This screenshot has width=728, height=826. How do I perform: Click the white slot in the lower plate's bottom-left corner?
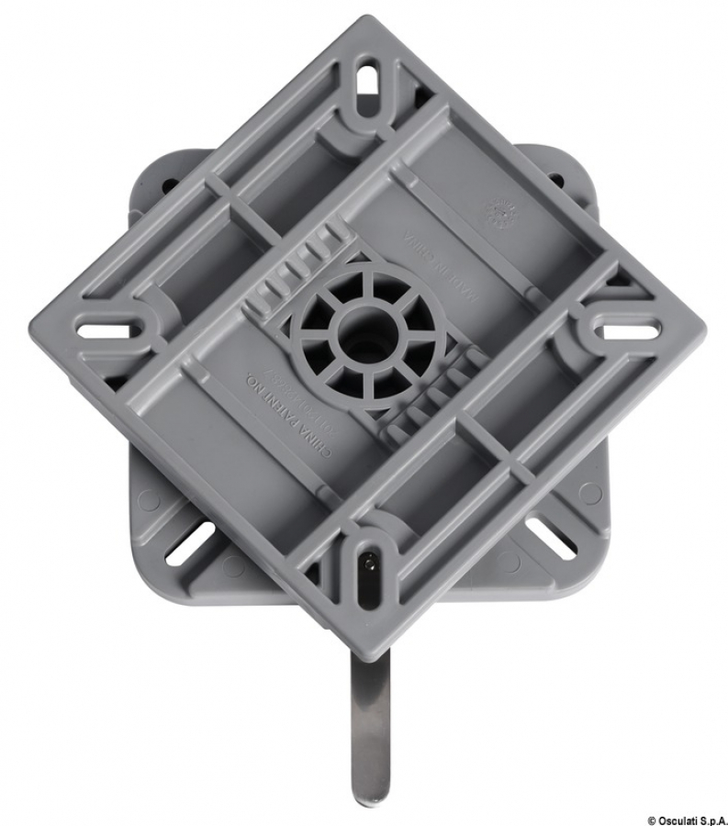click(x=189, y=543)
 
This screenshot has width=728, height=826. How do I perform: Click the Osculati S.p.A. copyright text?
click(x=685, y=818)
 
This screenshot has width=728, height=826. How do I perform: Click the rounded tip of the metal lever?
click(x=370, y=789)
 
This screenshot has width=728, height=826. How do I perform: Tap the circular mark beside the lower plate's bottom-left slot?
click(x=147, y=500)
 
